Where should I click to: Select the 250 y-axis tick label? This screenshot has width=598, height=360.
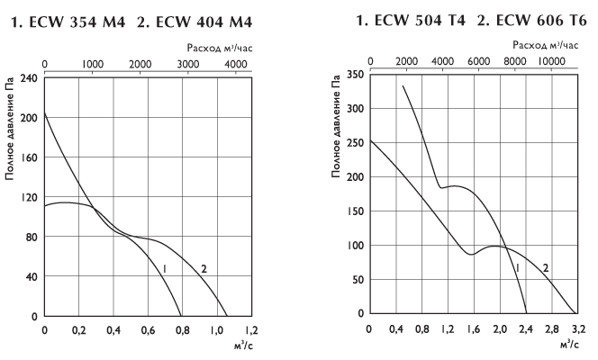(354, 143)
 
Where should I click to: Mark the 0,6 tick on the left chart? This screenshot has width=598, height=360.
(148, 331)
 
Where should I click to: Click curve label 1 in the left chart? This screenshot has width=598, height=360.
(166, 269)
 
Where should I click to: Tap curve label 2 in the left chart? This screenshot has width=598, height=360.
(204, 269)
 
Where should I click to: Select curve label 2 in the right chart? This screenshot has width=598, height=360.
(546, 267)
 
